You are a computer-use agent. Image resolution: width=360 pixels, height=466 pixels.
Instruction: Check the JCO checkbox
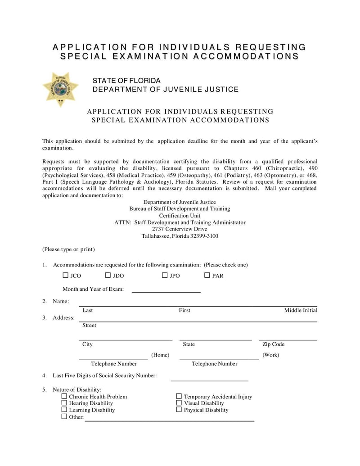click(65, 275)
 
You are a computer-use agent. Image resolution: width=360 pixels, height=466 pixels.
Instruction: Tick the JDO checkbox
click(108, 275)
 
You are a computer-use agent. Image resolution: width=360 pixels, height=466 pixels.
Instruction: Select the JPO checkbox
click(165, 275)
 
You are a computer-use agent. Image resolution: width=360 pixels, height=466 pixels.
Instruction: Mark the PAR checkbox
click(207, 275)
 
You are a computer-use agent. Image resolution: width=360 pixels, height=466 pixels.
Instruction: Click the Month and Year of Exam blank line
click(166, 291)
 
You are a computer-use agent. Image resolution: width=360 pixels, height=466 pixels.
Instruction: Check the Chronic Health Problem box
click(64, 396)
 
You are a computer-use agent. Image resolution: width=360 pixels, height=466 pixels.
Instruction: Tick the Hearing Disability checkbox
click(64, 403)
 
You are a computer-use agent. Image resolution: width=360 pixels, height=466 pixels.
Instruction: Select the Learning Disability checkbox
click(64, 410)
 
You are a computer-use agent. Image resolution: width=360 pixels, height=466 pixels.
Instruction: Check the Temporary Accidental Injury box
click(179, 396)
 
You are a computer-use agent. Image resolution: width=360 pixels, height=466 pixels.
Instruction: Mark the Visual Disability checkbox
click(179, 403)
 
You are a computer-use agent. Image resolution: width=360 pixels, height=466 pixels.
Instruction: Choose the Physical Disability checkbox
click(179, 410)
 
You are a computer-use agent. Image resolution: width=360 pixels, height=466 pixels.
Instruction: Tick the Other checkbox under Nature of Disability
click(64, 416)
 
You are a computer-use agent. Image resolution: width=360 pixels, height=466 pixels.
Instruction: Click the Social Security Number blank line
click(209, 380)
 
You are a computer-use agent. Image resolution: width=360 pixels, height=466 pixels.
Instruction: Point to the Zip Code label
click(273, 344)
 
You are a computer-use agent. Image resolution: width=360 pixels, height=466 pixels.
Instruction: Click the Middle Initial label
click(301, 310)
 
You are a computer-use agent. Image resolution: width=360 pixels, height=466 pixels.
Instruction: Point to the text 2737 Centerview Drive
click(180, 229)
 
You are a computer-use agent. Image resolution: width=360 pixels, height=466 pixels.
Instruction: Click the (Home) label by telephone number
click(160, 355)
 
